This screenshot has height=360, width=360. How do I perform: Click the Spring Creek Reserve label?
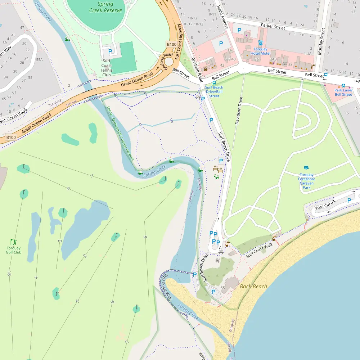[x=105, y=7]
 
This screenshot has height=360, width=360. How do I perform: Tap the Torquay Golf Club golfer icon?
[x=13, y=242]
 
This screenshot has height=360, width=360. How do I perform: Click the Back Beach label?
[x=253, y=287]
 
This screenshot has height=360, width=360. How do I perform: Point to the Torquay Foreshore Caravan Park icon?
[x=306, y=168]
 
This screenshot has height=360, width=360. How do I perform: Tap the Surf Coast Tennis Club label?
[x=107, y=68]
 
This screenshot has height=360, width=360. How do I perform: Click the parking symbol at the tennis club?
[x=110, y=52]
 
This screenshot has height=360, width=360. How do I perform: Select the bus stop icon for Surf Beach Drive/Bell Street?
[x=214, y=83]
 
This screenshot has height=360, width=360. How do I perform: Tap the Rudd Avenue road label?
[x=223, y=17]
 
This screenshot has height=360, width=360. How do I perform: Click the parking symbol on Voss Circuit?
[x=349, y=201]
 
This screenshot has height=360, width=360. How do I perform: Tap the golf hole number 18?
[x=9, y=274]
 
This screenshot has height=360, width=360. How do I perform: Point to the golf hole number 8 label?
[x=145, y=237]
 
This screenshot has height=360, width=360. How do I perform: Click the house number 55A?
[x=39, y=60]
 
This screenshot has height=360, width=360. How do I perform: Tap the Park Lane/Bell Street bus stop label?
[x=343, y=93]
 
